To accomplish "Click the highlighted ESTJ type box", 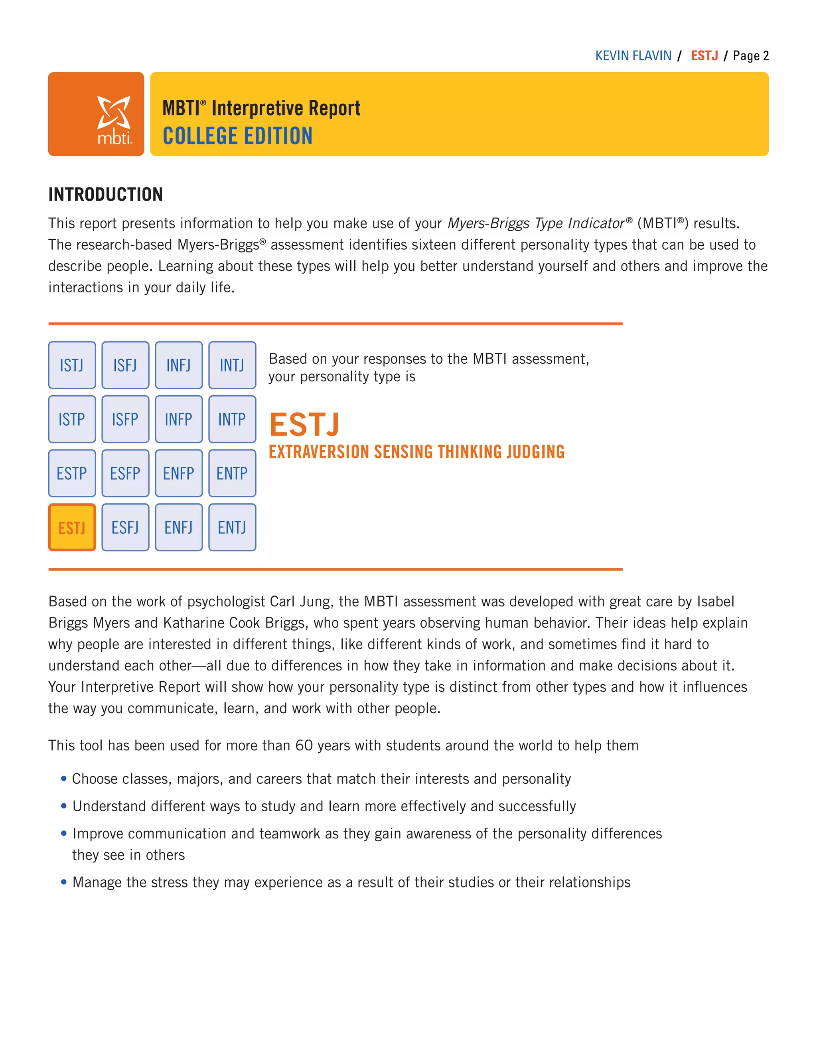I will (72, 527).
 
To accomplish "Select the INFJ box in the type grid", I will (179, 365).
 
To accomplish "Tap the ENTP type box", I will (232, 473).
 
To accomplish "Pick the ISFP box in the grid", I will (125, 419).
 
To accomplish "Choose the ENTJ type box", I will (232, 527).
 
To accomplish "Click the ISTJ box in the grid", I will (72, 365).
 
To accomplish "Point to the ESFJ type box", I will (125, 527).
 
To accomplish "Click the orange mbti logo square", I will (96, 114).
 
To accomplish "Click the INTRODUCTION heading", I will (105, 195).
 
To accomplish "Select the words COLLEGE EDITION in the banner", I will (237, 136).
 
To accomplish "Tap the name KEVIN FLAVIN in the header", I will (633, 56).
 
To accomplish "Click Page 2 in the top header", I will (750, 56).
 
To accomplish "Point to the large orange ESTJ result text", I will (304, 424).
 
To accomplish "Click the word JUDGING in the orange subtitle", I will (535, 452).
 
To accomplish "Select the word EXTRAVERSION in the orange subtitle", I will (319, 452).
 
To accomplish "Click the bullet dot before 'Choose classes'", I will (63, 779).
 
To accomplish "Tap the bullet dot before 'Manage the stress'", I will (63, 882).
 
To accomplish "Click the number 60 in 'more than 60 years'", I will (304, 745).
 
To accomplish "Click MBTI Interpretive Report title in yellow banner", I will (261, 108).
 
